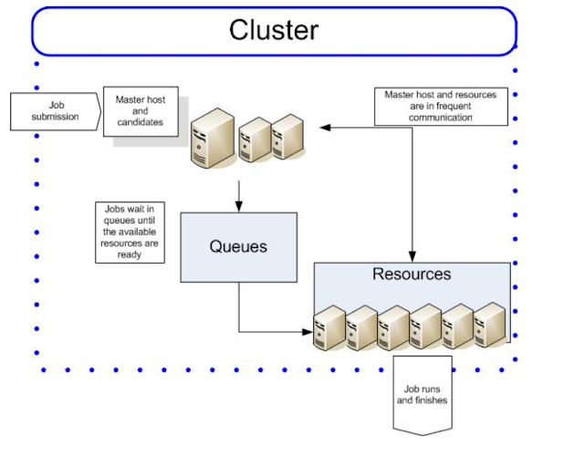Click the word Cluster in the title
pyautogui.click(x=274, y=30)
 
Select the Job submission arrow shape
pyautogui.click(x=55, y=110)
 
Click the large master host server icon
pyautogui.click(x=212, y=138)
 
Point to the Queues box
pyautogui.click(x=238, y=247)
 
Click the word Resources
pyautogui.click(x=412, y=274)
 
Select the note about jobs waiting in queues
pyautogui.click(x=130, y=233)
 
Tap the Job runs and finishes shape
pyautogui.click(x=422, y=394)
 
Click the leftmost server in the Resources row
pyautogui.click(x=328, y=327)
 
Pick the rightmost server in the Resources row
pyautogui.click(x=489, y=324)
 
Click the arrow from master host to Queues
pyautogui.click(x=238, y=194)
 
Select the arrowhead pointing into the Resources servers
pyautogui.click(x=308, y=331)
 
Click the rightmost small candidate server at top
pyautogui.click(x=286, y=137)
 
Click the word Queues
pyautogui.click(x=238, y=247)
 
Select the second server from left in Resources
pyautogui.click(x=361, y=327)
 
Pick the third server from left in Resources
pyautogui.click(x=393, y=327)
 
